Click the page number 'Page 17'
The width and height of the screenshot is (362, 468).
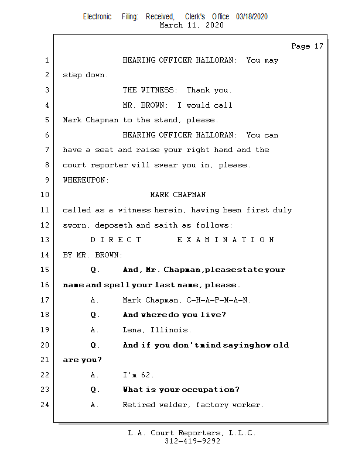pyautogui.click(x=307, y=46)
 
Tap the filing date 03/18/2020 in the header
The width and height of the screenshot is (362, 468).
pyautogui.click(x=252, y=17)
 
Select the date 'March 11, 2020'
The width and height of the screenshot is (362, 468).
pyautogui.click(x=192, y=25)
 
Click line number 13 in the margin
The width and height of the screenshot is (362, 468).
pyautogui.click(x=45, y=240)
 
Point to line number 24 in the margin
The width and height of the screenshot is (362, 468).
pyautogui.click(x=45, y=405)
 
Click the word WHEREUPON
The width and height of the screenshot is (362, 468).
pyautogui.click(x=86, y=180)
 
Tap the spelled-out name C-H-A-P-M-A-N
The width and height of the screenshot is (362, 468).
pyautogui.click(x=218, y=300)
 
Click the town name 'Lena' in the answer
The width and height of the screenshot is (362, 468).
pyautogui.click(x=132, y=330)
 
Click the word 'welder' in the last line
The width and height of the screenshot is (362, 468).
pyautogui.click(x=177, y=405)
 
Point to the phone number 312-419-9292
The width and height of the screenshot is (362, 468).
pyautogui.click(x=192, y=441)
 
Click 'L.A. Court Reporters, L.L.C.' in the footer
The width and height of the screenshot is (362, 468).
pyautogui.click(x=192, y=433)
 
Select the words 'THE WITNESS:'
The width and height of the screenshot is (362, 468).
pyautogui.click(x=149, y=90)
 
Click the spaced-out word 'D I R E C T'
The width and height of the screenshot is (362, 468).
pyautogui.click(x=116, y=240)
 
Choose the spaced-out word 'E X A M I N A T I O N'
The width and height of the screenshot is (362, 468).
pyautogui.click(x=226, y=240)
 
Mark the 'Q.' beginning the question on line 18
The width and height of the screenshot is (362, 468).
pyautogui.click(x=95, y=315)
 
